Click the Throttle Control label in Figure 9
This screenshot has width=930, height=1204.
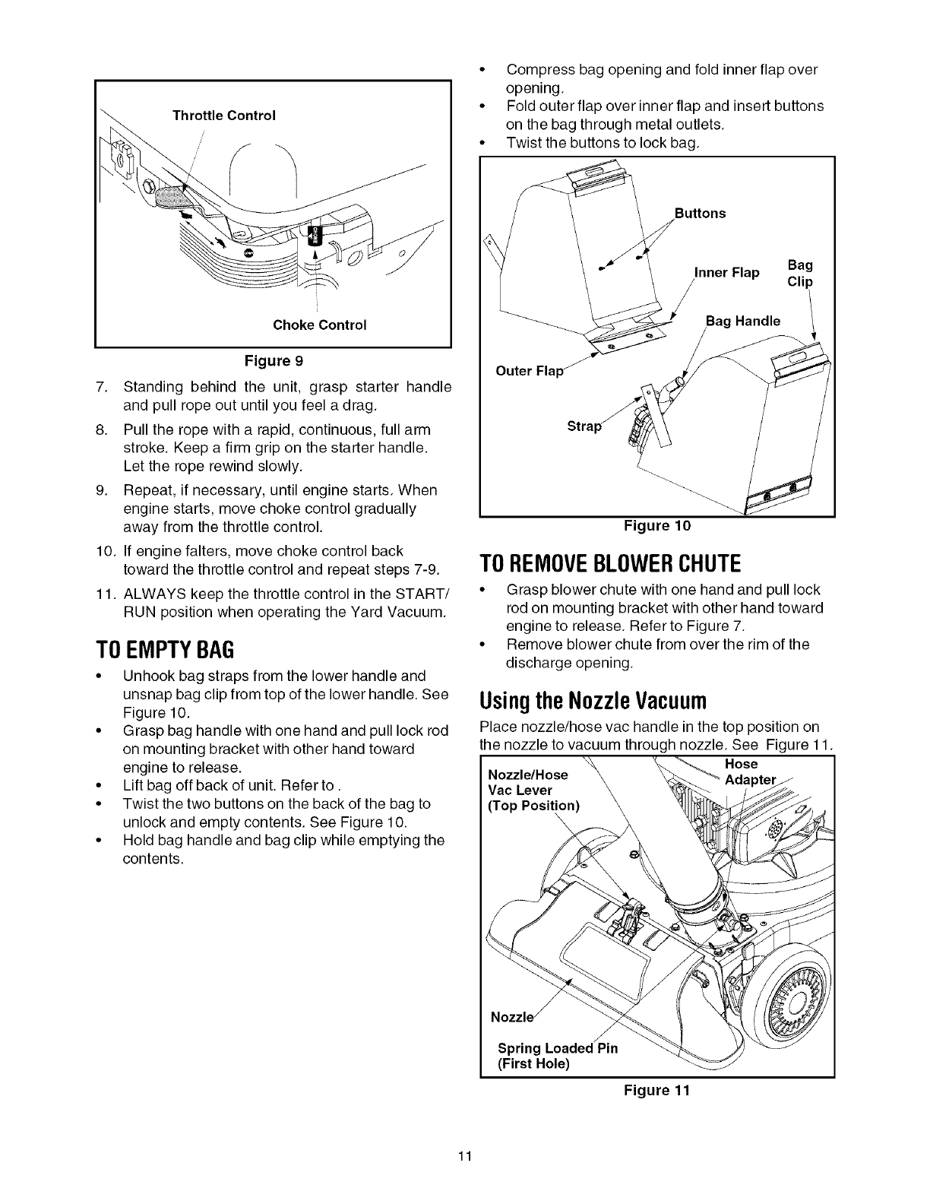click(223, 116)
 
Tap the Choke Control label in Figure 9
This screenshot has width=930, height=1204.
click(319, 325)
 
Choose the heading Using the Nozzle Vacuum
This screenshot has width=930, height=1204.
click(593, 699)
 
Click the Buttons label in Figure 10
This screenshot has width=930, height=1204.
click(700, 214)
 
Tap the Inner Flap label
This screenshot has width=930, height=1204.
click(727, 273)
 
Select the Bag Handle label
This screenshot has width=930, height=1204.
click(742, 321)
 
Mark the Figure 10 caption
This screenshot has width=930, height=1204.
click(656, 525)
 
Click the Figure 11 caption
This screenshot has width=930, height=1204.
click(656, 1091)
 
